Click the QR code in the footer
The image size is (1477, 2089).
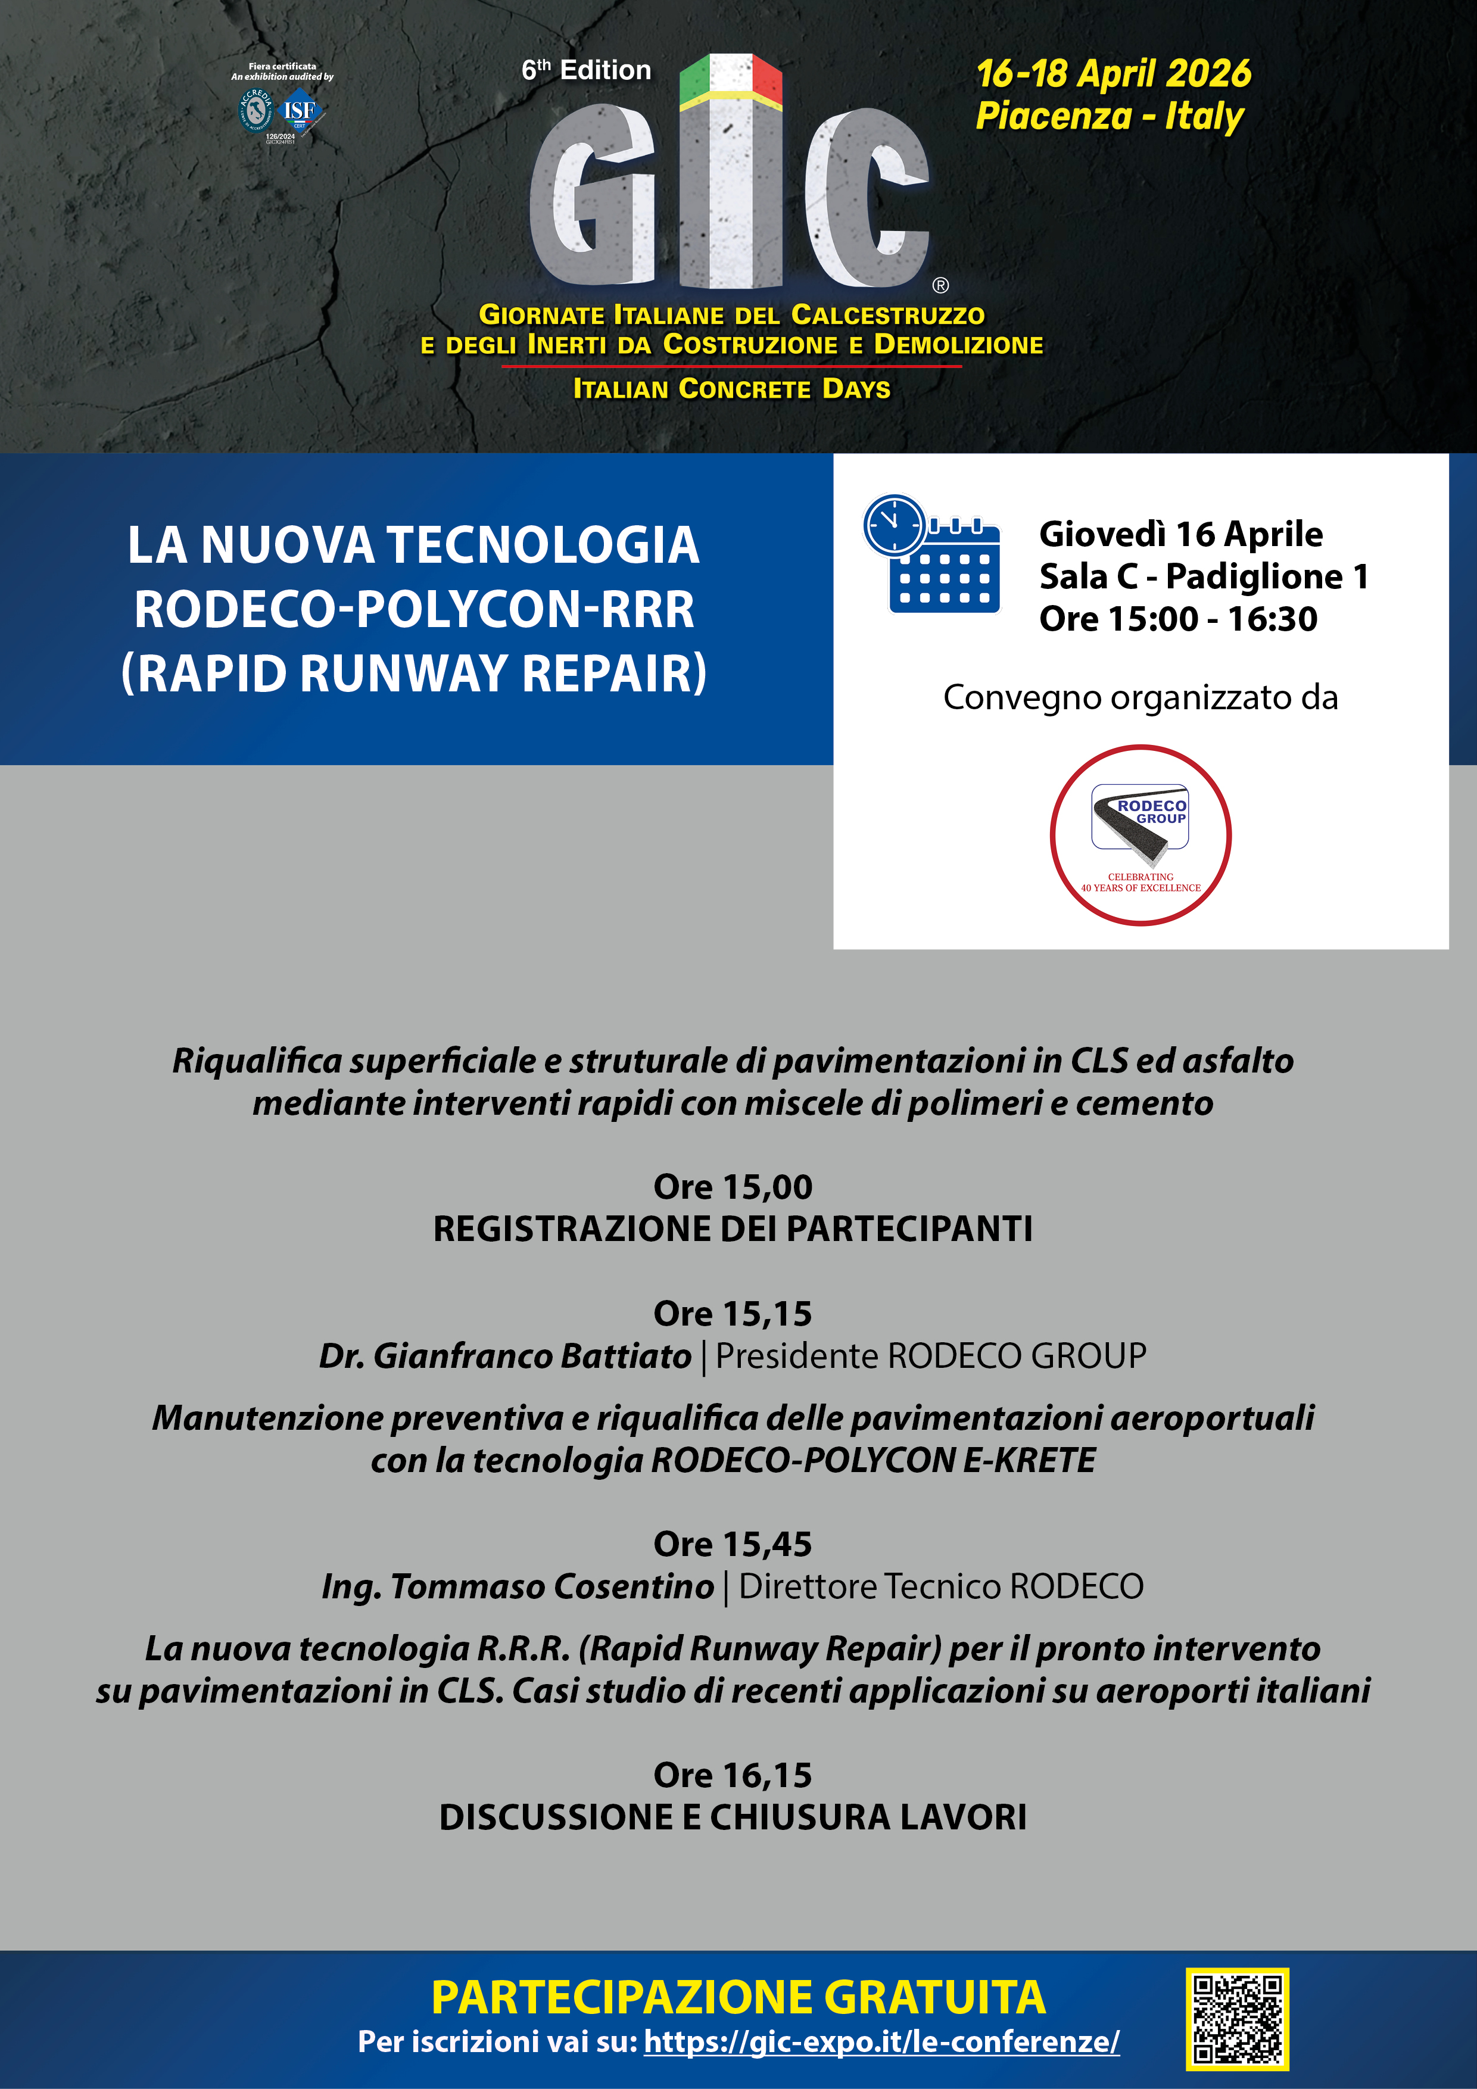coord(1237,2018)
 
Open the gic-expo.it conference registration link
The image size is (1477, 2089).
coord(881,2042)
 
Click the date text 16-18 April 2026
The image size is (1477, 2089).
coord(1113,74)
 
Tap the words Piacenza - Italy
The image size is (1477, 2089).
coord(1110,117)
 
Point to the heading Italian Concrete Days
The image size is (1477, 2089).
coord(732,388)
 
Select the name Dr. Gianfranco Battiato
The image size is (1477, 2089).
coord(505,1356)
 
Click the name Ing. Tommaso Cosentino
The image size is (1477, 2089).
coord(518,1586)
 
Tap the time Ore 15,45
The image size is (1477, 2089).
coord(733,1544)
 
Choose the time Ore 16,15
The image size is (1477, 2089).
coord(733,1774)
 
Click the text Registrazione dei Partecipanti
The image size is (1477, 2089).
coord(733,1229)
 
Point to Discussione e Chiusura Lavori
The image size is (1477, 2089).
coord(733,1817)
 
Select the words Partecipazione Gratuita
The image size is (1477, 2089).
coord(738,1997)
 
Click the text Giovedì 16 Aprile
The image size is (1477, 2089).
coord(1180,534)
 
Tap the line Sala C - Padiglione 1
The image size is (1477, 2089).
coord(1203,576)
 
